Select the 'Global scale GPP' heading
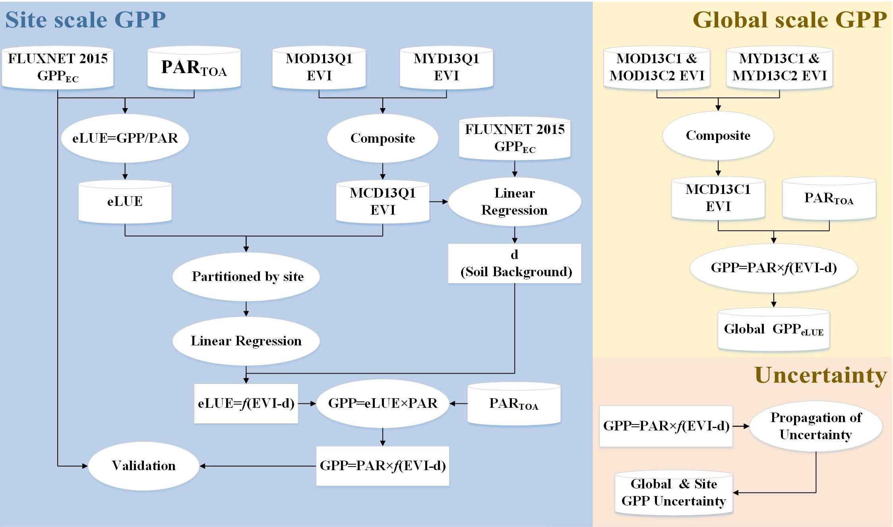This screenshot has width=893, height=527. pyautogui.click(x=789, y=19)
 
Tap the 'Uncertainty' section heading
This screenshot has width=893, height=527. pyautogui.click(x=820, y=375)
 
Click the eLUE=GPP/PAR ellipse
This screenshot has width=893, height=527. pyautogui.click(x=125, y=138)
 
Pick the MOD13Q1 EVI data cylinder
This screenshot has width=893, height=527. pyautogui.click(x=319, y=67)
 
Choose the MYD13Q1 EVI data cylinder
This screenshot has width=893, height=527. pyautogui.click(x=446, y=67)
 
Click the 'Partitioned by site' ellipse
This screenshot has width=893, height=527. pyautogui.click(x=246, y=276)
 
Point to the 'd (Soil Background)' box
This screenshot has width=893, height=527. pyautogui.click(x=515, y=263)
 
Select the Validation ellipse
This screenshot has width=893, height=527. pyautogui.click(x=143, y=465)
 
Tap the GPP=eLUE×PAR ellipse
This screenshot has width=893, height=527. pyautogui.click(x=382, y=403)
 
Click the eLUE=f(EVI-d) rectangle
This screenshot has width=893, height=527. pyautogui.click(x=246, y=403)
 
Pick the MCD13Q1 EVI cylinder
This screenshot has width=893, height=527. pyautogui.click(x=382, y=201)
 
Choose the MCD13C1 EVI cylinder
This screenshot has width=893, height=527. pyautogui.click(x=718, y=198)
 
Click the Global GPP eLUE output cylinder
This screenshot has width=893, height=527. pyautogui.click(x=773, y=329)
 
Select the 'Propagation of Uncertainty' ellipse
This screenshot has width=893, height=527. pyautogui.click(x=816, y=426)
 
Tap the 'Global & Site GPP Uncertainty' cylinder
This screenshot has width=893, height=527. pyautogui.click(x=674, y=492)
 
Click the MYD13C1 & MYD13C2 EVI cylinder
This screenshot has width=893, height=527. pyautogui.click(x=779, y=67)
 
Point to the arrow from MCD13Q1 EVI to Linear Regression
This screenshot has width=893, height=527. pyautogui.click(x=439, y=201)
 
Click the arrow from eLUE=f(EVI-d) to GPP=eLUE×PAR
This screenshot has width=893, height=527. pyautogui.click(x=307, y=403)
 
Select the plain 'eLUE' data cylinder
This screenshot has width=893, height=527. pyautogui.click(x=125, y=201)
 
